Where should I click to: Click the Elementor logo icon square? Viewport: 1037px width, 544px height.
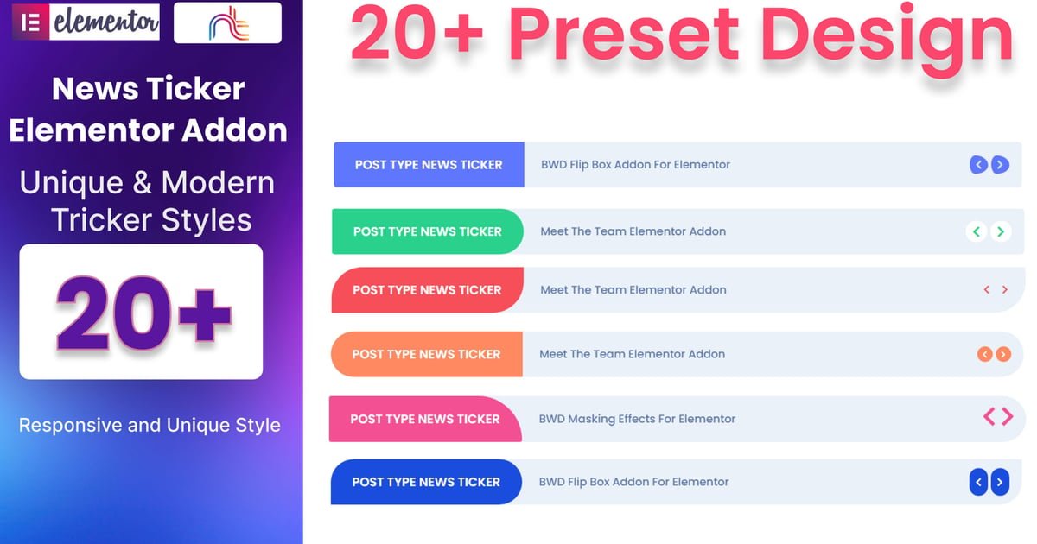[x=30, y=22]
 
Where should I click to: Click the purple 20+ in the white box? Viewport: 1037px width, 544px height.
[x=143, y=313]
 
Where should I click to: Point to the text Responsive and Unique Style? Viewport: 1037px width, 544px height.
[x=150, y=425]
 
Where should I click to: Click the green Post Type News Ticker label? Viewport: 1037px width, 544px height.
[x=428, y=231]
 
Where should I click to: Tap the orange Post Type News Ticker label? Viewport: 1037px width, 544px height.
[x=426, y=354]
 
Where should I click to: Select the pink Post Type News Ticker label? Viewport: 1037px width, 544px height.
[x=425, y=419]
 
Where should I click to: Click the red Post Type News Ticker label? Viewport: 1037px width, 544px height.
[x=427, y=289]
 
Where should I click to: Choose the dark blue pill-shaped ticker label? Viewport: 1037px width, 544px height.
[x=426, y=482]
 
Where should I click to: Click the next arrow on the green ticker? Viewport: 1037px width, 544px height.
[x=1001, y=231]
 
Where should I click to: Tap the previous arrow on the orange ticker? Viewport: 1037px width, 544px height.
[x=984, y=354]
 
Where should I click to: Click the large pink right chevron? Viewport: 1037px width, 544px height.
[x=1008, y=417]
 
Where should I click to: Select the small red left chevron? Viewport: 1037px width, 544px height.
[x=987, y=289]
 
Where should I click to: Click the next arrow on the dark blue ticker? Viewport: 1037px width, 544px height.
[x=1000, y=482]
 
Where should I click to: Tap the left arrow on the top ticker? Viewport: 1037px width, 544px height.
[x=978, y=165]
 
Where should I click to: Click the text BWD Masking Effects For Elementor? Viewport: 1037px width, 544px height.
[x=637, y=419]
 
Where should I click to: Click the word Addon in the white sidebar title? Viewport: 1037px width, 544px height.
[x=234, y=130]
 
